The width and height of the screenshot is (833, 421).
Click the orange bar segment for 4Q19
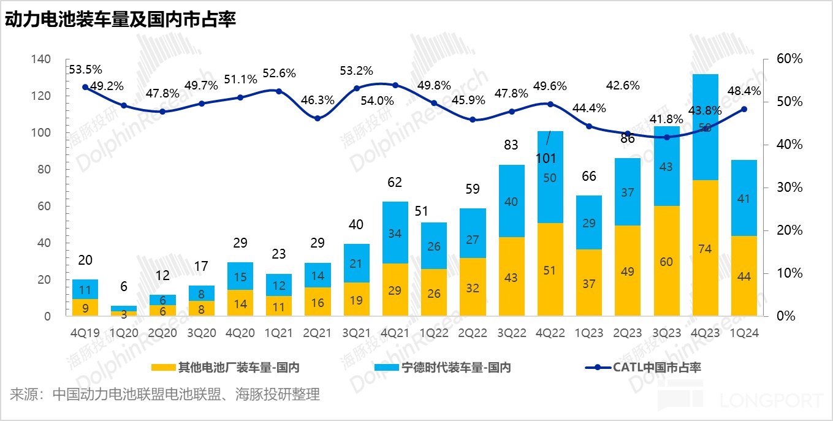point(85,308)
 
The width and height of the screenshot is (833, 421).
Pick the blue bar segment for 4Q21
point(395,232)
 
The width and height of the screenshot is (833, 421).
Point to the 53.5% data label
point(86,69)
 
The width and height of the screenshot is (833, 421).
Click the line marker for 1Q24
point(744,109)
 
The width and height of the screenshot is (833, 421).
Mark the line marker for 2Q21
point(318,118)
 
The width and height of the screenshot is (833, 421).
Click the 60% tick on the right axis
point(789,59)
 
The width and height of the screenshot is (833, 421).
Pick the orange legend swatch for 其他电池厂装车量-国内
point(163,367)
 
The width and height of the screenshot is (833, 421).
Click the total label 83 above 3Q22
point(511,145)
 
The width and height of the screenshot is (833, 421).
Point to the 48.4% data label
point(744,91)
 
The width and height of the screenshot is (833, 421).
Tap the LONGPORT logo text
point(772,401)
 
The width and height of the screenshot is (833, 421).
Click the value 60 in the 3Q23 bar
point(666,262)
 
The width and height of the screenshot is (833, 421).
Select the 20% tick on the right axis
point(789,230)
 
